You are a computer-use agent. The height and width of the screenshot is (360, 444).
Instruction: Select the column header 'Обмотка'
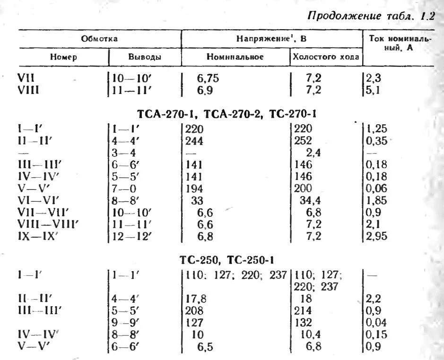coord(99,39)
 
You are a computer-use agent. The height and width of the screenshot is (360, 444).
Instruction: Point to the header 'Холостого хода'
coord(326,57)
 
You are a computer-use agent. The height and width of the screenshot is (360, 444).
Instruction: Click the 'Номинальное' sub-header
coord(235,57)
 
